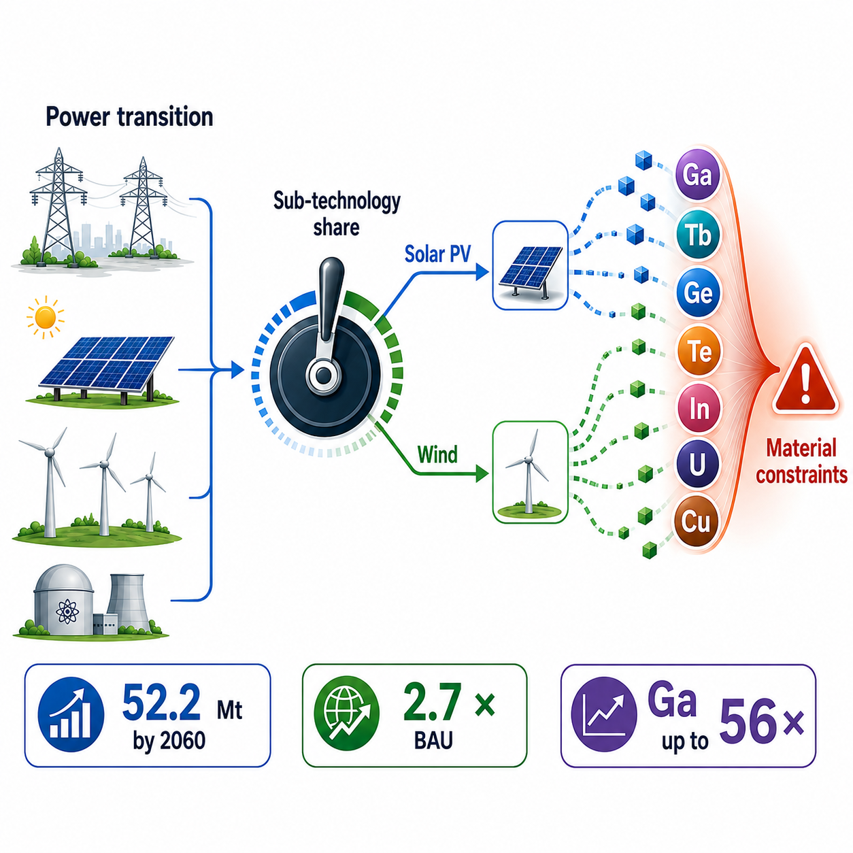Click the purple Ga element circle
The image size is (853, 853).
click(x=698, y=174)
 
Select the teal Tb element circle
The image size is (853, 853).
click(x=699, y=234)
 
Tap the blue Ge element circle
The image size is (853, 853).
click(x=699, y=292)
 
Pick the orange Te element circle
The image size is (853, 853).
click(x=699, y=351)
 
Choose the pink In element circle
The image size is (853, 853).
click(x=699, y=409)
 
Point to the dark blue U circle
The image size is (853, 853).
click(x=698, y=465)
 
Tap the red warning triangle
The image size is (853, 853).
click(x=805, y=381)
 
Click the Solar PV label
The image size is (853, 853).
click(x=437, y=254)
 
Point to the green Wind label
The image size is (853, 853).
click(x=437, y=454)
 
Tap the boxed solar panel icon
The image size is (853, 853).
click(x=531, y=265)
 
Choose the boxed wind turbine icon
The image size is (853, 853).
click(x=531, y=472)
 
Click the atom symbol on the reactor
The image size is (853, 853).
click(x=67, y=612)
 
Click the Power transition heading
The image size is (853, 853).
click(x=129, y=117)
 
